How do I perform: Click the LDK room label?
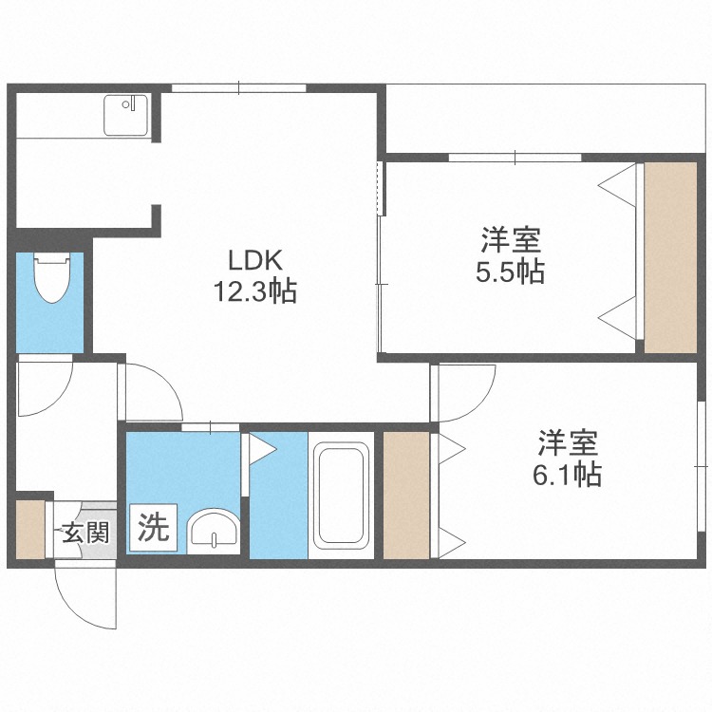(x=254, y=261)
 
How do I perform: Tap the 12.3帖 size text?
(x=254, y=291)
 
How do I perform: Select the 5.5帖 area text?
(x=511, y=272)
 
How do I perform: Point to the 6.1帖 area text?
(x=568, y=474)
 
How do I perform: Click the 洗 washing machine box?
(x=154, y=527)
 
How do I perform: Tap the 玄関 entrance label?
(x=85, y=533)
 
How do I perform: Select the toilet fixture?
(x=52, y=277)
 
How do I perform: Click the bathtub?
(x=341, y=496)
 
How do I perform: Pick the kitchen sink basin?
(x=125, y=115)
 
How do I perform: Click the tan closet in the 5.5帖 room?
(x=670, y=257)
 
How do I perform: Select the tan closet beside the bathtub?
(x=406, y=495)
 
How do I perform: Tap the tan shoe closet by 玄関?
(x=30, y=529)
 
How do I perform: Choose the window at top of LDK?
(x=239, y=87)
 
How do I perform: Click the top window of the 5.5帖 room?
(x=515, y=158)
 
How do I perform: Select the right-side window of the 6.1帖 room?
(x=702, y=466)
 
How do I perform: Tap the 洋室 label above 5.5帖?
(x=511, y=240)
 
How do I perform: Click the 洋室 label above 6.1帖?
(x=568, y=442)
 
